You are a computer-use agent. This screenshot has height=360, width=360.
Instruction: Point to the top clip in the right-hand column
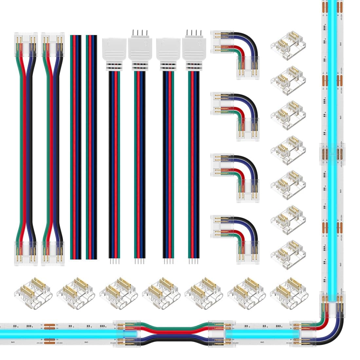tap(288, 45)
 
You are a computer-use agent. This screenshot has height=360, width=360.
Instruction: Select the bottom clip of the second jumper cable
tap(53, 253)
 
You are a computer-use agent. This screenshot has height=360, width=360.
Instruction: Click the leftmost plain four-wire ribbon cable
tap(76, 147)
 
